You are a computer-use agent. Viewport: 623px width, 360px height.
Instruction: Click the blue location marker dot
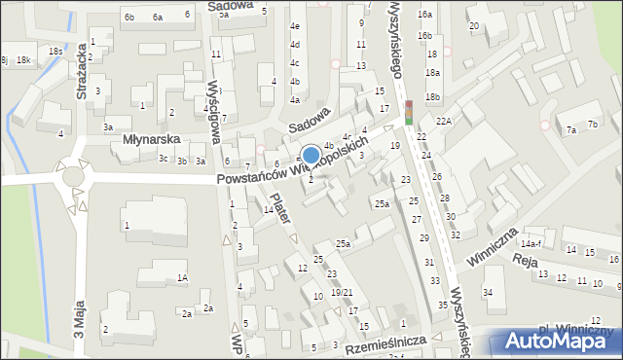(311, 155)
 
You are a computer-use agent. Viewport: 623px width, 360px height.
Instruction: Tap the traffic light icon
(409, 112)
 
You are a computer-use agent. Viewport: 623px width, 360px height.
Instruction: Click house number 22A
(444, 120)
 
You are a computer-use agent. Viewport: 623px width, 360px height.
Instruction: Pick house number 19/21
(340, 292)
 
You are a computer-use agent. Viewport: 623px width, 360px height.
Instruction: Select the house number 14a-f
(558, 244)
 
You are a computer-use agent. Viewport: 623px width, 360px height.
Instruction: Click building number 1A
(182, 278)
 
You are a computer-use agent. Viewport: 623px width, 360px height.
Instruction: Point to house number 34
(488, 293)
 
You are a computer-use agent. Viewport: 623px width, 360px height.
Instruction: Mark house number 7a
(571, 129)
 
